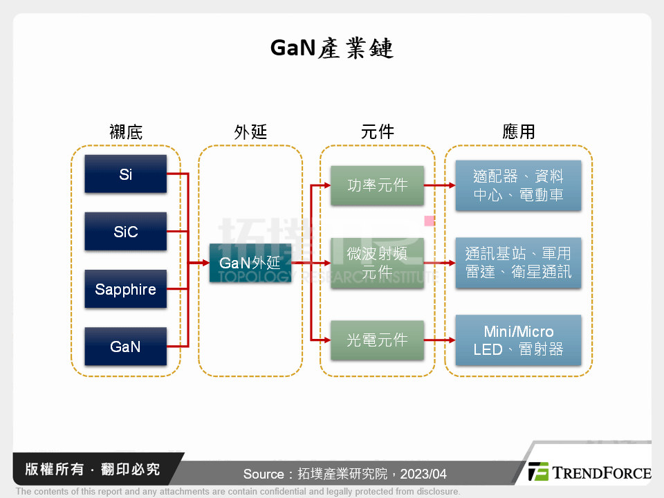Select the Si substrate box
click(x=125, y=174)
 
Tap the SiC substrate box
click(x=125, y=232)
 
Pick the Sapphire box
click(x=125, y=289)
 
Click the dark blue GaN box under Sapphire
click(x=125, y=347)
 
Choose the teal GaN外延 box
click(x=250, y=263)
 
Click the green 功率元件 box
click(x=377, y=185)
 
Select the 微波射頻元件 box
click(x=377, y=263)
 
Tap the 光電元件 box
click(x=377, y=340)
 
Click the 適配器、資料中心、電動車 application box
click(x=518, y=185)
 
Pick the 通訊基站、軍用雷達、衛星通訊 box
click(x=518, y=263)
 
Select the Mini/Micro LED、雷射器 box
click(x=518, y=340)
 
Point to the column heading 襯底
click(x=126, y=131)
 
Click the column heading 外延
click(x=250, y=131)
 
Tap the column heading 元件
click(x=378, y=131)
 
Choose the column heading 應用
click(x=519, y=131)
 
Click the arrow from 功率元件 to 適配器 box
click(x=439, y=185)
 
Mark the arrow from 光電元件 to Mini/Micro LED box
click(x=439, y=340)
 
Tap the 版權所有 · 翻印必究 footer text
click(x=93, y=470)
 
